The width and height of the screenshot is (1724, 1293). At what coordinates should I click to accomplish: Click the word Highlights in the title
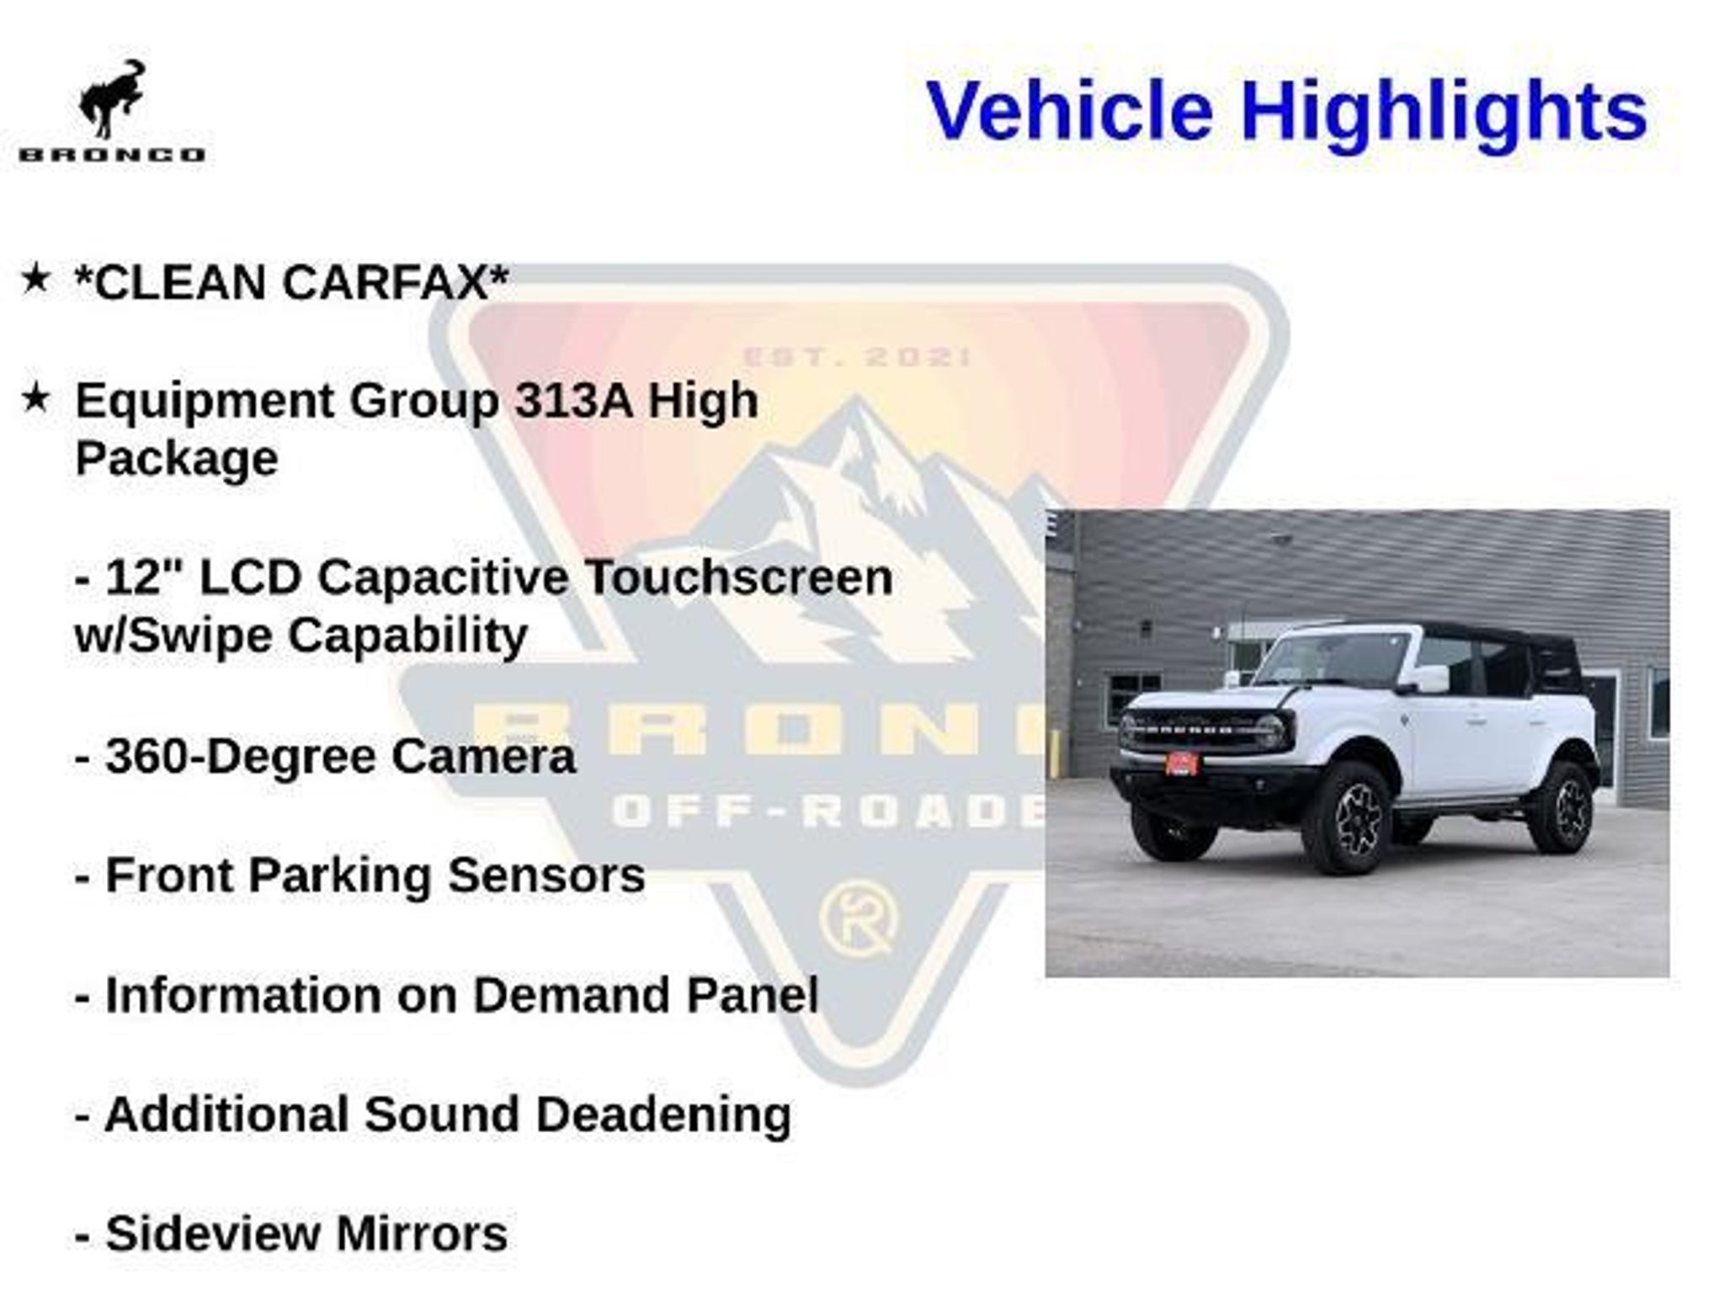1444,112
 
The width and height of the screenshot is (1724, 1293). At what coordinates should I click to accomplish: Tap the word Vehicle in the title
1070,111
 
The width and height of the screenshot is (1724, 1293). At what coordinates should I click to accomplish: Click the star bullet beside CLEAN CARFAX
35,279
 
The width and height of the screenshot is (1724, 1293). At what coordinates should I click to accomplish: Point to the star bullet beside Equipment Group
35,398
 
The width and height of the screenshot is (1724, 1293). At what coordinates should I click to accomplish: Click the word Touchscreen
738,578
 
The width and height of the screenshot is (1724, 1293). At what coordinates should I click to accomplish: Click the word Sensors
546,875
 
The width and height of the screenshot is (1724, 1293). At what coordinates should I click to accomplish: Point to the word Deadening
663,1115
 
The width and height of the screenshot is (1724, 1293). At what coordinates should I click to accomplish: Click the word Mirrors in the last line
422,1234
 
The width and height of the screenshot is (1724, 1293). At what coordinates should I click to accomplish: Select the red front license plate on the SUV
1180,763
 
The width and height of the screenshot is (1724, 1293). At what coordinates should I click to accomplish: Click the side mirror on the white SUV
1431,678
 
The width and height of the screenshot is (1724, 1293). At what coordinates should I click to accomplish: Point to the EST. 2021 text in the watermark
856,357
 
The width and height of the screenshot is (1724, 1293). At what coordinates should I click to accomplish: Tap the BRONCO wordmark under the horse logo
112,155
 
